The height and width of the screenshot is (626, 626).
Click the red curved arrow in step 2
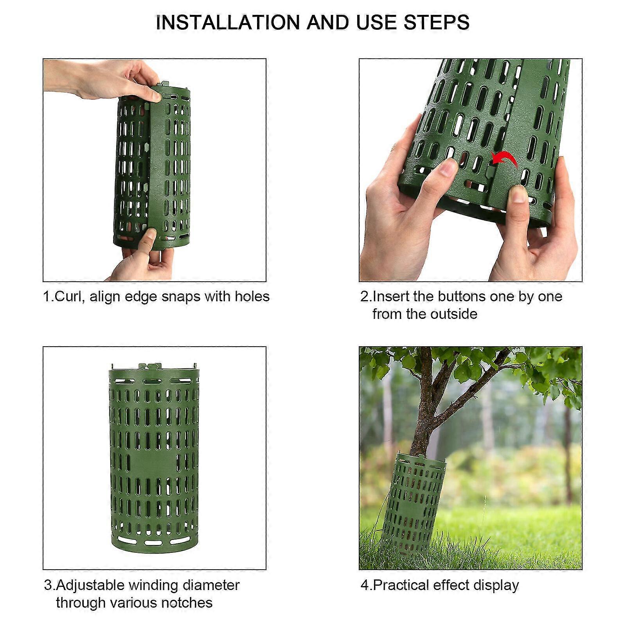point(505,158)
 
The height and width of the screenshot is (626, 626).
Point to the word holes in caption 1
point(252,296)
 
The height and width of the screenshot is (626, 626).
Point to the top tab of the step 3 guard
point(150,367)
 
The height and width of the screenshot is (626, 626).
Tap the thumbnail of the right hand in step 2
point(519,194)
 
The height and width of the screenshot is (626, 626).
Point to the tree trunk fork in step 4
point(430,395)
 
